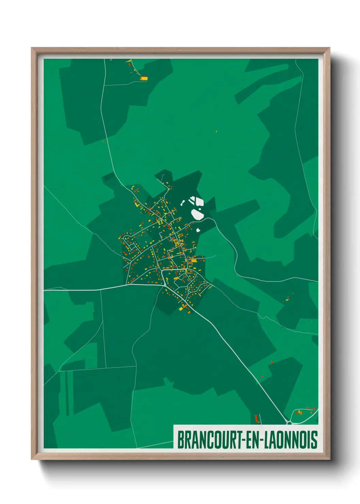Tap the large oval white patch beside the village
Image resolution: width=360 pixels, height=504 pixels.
point(197,215)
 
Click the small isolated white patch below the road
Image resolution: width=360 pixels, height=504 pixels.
point(198,230)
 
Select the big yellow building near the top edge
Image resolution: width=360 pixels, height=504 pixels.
point(144,78)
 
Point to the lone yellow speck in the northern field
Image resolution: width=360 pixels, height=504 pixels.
point(216,131)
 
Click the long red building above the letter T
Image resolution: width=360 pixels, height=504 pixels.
point(256,418)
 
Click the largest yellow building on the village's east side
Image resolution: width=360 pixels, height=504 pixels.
point(193,261)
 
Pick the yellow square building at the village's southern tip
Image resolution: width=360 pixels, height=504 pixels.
point(181,309)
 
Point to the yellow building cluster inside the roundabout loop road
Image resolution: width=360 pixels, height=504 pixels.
point(299,413)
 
